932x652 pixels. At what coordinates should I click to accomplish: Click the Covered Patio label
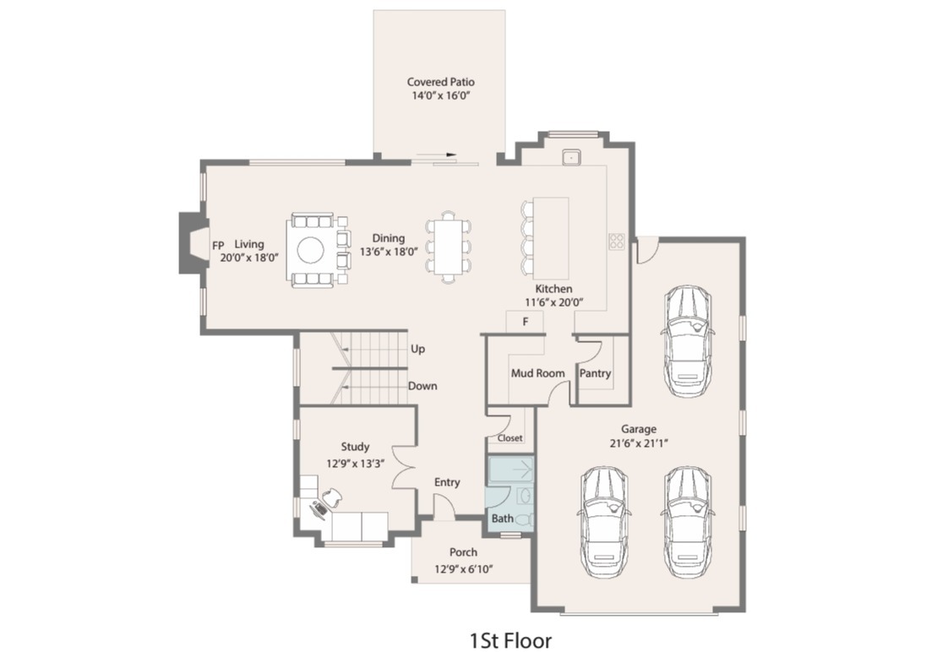[x=440, y=82]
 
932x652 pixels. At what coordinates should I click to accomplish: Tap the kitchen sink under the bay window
[x=572, y=155]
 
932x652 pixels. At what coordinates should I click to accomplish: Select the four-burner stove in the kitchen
[x=617, y=241]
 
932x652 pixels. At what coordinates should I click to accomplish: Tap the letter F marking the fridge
[x=525, y=322]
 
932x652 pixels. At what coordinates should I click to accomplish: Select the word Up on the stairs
[x=417, y=349]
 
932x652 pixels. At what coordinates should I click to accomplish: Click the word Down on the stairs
[x=422, y=386]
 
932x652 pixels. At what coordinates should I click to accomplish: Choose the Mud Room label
[x=537, y=373]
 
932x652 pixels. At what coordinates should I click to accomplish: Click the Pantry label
[x=595, y=373]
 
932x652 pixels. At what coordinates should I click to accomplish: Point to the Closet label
[x=510, y=438]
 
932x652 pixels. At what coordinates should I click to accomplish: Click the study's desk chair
[x=331, y=498]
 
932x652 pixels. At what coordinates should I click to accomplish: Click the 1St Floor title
[x=511, y=639]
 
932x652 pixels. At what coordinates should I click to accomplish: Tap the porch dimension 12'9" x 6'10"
[x=464, y=569]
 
